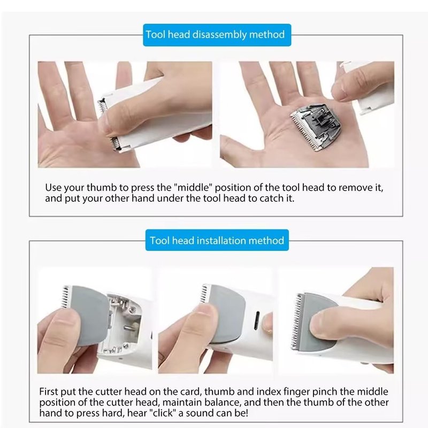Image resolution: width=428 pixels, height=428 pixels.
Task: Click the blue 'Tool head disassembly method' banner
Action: tap(217, 35)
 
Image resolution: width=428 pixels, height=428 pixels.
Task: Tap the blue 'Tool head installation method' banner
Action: tap(217, 240)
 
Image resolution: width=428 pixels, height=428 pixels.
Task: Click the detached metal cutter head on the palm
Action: tap(316, 127)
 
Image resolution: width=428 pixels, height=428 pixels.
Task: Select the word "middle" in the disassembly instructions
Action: tap(193, 188)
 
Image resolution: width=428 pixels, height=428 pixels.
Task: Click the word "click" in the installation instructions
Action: tap(163, 412)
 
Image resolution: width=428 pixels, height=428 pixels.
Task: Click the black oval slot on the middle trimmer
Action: tap(257, 320)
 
